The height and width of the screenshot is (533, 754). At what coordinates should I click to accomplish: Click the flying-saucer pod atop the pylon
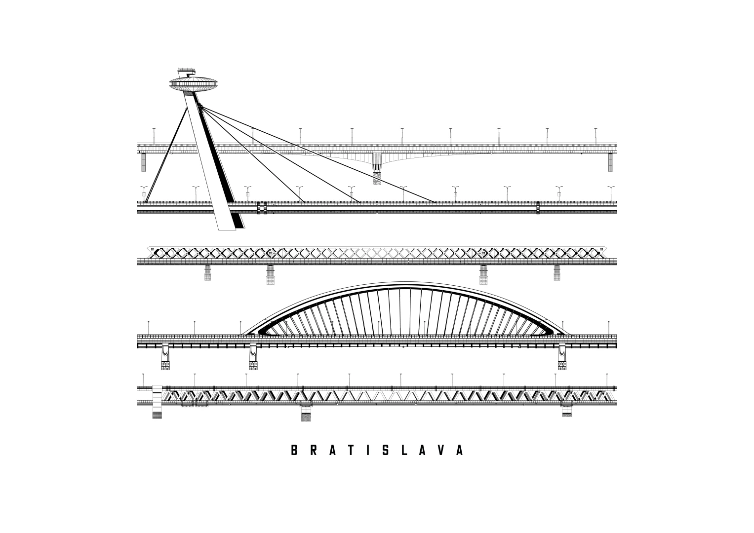click(194, 84)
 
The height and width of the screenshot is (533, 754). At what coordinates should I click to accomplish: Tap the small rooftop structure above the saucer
click(187, 72)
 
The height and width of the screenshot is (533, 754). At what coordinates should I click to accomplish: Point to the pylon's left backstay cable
click(165, 155)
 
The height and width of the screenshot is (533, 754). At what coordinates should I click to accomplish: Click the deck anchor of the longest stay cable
click(435, 202)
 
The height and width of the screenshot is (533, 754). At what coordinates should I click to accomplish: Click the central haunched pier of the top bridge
click(377, 168)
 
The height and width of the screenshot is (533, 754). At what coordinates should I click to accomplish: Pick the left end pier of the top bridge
click(143, 162)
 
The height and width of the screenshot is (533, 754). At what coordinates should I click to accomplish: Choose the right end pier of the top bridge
click(610, 162)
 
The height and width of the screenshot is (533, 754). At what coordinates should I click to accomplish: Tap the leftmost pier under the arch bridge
click(165, 357)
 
